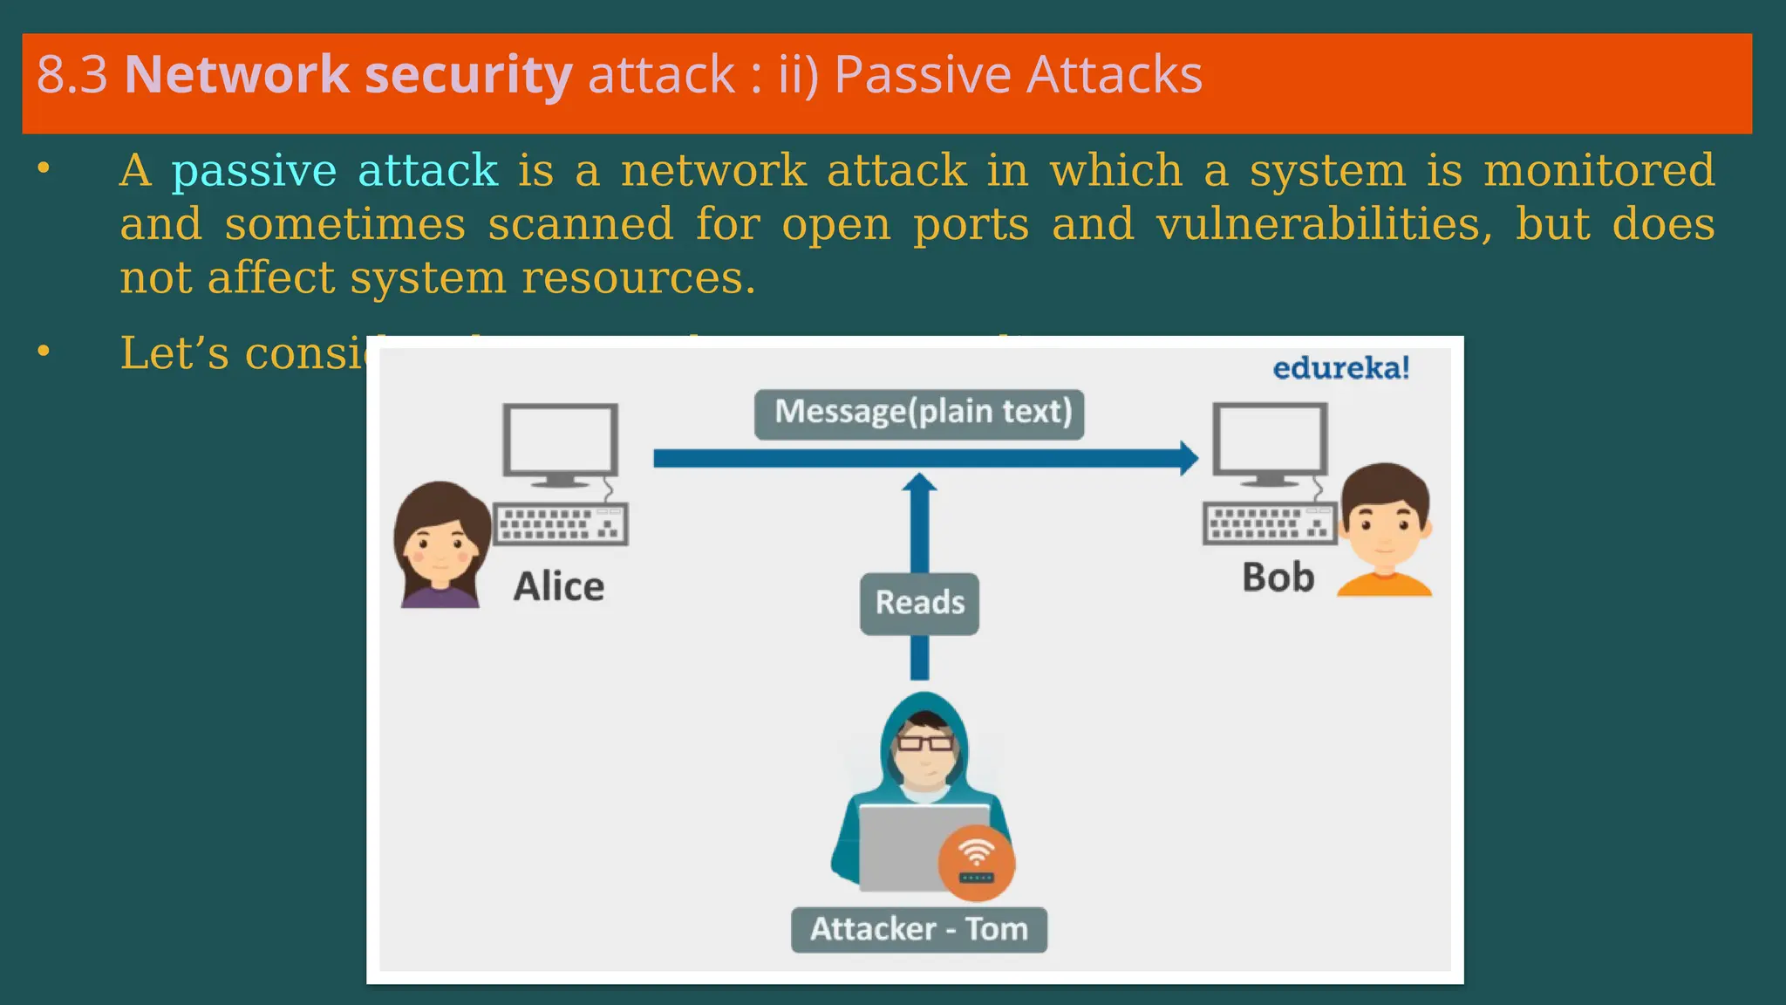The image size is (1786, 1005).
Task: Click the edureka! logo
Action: click(1340, 368)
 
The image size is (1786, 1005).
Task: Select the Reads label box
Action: click(919, 603)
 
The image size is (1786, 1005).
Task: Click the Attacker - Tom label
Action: click(919, 929)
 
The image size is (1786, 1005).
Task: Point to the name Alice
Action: click(558, 586)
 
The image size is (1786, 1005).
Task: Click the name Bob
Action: click(1278, 578)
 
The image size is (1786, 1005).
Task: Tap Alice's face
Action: click(440, 550)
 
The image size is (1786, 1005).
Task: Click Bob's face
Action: click(1385, 528)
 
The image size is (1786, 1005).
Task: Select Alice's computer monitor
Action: click(560, 441)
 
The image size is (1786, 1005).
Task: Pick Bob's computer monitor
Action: click(1271, 440)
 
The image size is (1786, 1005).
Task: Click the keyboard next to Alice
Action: click(561, 524)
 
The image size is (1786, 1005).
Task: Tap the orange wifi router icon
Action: click(976, 863)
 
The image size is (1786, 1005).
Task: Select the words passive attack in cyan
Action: click(335, 170)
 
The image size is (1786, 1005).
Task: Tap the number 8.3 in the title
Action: click(72, 75)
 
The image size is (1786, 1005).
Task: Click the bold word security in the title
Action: click(468, 75)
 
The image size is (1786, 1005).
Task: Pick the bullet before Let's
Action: click(44, 352)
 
